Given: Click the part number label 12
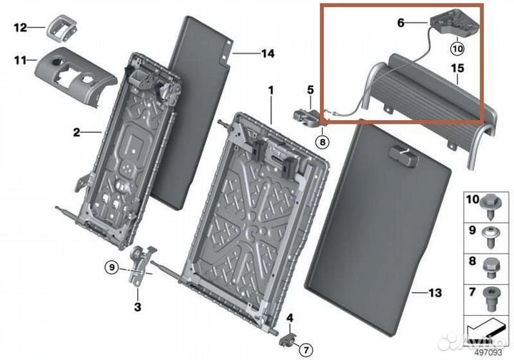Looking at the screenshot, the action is point(20,28).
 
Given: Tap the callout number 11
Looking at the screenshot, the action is point(20,60).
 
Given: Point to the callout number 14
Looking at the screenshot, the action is point(268,54).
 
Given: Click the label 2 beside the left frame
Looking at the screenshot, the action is point(76,132).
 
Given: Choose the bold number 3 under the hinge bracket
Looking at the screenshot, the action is point(138,307).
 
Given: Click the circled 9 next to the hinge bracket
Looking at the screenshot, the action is point(112,268).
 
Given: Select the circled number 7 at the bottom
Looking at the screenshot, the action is point(306,350).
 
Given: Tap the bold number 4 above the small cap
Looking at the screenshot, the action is point(290,318).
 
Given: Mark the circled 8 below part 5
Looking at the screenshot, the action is point(323,142).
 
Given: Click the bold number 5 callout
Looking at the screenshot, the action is point(310,90).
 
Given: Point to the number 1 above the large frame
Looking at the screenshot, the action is point(271,90).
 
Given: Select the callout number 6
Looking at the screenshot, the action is point(400,23).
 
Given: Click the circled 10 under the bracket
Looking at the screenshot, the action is point(458,49).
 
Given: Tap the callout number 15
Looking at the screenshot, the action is point(458,68).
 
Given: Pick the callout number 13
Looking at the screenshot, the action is point(435,292).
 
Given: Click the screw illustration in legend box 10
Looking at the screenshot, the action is point(490,207).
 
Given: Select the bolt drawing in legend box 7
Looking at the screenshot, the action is point(491,299).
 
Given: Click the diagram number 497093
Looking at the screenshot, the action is point(488,352).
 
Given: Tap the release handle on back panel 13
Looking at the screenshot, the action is point(403,156).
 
